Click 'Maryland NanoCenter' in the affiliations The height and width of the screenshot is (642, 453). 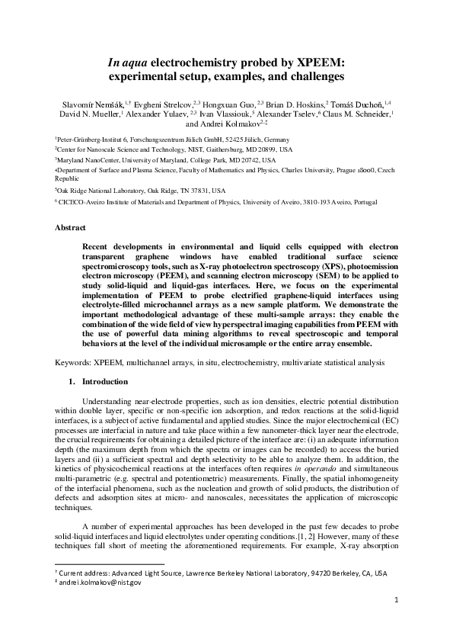tap(86, 161)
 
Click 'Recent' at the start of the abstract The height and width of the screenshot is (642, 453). tap(97, 249)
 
